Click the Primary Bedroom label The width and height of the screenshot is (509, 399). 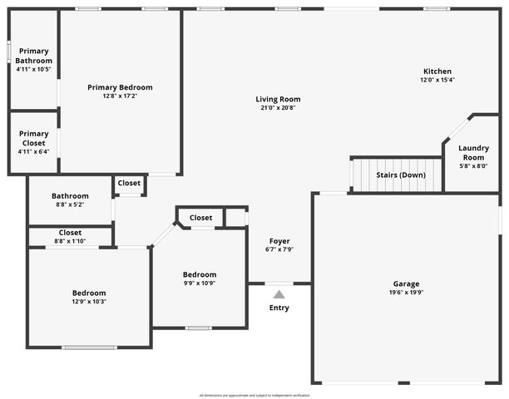pyautogui.click(x=121, y=87)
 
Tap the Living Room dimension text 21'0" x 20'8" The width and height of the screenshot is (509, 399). pyautogui.click(x=278, y=107)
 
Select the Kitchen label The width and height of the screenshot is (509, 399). pyautogui.click(x=437, y=71)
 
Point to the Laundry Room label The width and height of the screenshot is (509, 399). pyautogui.click(x=473, y=152)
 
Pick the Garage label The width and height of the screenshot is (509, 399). pyautogui.click(x=407, y=283)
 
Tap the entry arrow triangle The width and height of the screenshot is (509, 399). pyautogui.click(x=279, y=293)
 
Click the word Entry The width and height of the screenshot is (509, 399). pyautogui.click(x=279, y=308)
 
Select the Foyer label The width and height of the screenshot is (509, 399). pyautogui.click(x=279, y=240)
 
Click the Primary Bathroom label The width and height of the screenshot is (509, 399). pyautogui.click(x=34, y=56)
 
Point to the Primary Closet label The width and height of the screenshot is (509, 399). pyautogui.click(x=34, y=138)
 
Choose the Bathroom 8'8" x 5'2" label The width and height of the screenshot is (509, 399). pyautogui.click(x=70, y=196)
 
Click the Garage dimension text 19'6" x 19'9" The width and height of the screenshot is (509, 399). pyautogui.click(x=407, y=292)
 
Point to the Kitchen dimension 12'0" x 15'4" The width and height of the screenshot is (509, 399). pyautogui.click(x=437, y=80)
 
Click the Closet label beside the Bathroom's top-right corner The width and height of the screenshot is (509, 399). pyautogui.click(x=129, y=183)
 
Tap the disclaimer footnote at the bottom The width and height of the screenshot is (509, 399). pyautogui.click(x=254, y=395)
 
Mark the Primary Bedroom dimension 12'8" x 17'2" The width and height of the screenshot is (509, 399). pyautogui.click(x=121, y=96)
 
